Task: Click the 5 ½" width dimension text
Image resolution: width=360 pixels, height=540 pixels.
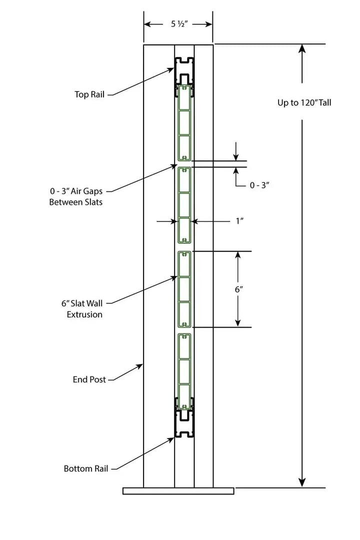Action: tap(178, 24)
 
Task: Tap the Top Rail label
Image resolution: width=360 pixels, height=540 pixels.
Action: tap(89, 94)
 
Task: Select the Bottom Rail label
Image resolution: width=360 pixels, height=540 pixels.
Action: tap(85, 469)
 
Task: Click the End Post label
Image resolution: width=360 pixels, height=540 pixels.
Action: tap(89, 379)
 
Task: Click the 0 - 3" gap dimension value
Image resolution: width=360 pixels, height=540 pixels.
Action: tap(259, 185)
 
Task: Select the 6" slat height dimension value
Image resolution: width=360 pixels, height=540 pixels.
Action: tap(238, 289)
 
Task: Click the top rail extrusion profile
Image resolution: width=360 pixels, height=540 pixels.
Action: tap(184, 70)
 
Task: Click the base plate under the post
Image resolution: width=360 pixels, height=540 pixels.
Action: tap(178, 491)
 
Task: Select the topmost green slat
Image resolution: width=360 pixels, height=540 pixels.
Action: tap(184, 122)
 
